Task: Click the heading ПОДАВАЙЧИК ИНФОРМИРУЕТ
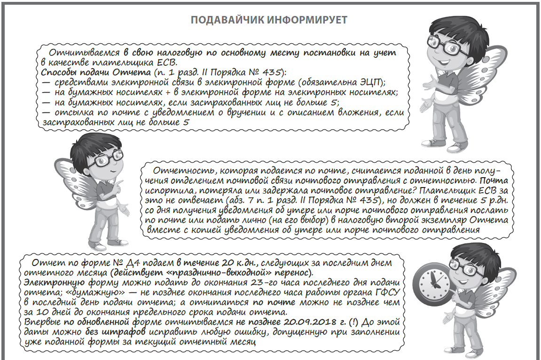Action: click(269, 21)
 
